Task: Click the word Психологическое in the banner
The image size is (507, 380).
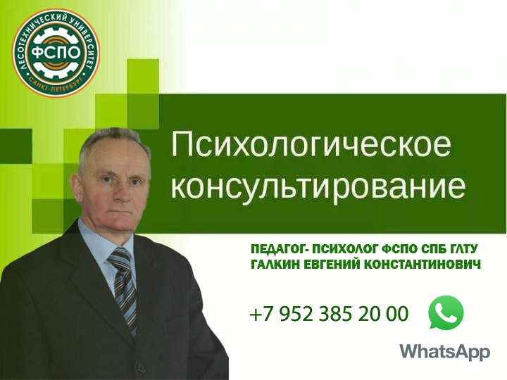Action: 311,144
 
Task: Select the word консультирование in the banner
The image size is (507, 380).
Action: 318,187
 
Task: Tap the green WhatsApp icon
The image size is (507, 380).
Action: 446,312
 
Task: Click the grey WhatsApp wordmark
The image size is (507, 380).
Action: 445,352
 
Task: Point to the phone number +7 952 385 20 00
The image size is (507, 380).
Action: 329,313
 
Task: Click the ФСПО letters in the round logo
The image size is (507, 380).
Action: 56,53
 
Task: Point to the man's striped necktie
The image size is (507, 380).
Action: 123,288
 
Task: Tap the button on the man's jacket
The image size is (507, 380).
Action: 141,367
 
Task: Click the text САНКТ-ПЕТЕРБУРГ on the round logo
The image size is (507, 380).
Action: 56,84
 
